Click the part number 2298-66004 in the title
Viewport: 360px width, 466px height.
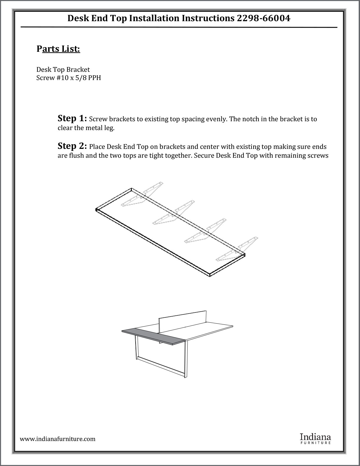263,19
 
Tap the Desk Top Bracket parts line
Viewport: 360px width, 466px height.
63,70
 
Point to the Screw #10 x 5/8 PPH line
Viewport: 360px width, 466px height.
69,78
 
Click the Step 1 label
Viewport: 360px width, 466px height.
72,119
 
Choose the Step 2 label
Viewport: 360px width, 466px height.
72,146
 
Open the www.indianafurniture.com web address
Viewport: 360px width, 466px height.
58,439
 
